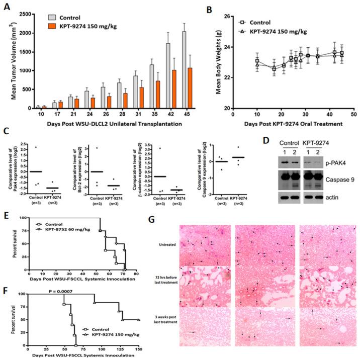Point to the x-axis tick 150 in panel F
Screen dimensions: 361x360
(138, 349)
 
